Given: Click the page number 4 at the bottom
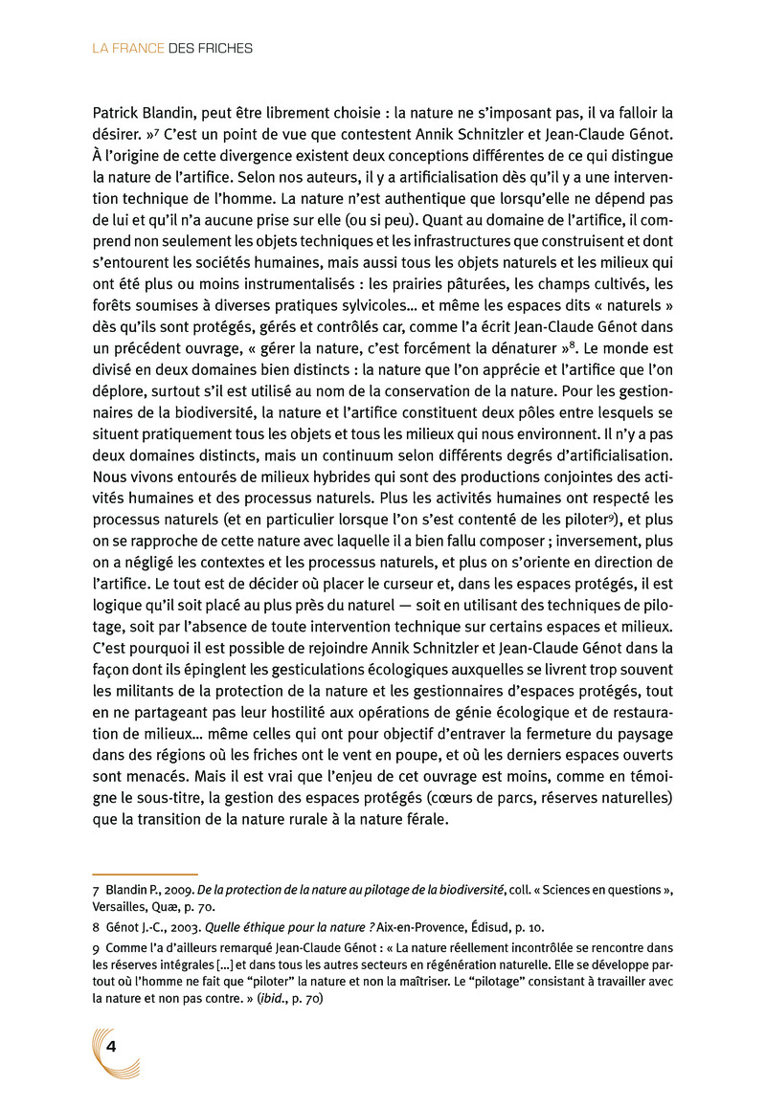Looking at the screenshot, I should [x=111, y=1047].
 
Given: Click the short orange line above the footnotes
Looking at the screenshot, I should [x=145, y=874].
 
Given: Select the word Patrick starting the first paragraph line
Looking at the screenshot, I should [x=119, y=111].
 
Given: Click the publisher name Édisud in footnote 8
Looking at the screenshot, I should [x=513, y=927].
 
